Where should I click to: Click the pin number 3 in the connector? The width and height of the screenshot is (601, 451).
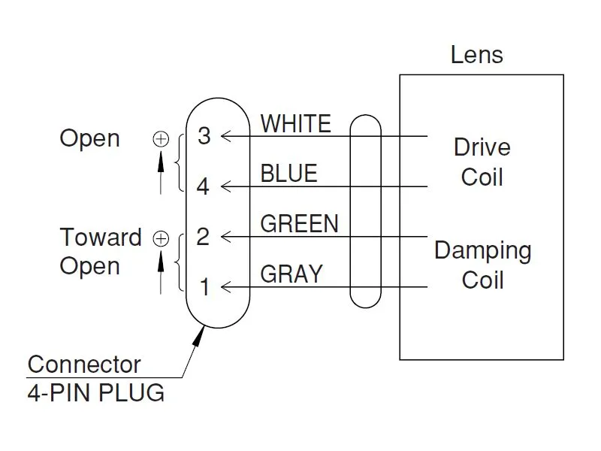point(204,136)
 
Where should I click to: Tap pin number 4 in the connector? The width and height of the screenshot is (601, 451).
point(204,186)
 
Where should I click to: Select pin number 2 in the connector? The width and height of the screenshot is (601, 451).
point(203,237)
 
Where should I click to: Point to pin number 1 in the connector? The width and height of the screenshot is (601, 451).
point(204,286)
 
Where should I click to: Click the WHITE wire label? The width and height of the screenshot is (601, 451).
point(296,123)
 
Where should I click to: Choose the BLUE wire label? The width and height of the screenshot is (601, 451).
point(289,174)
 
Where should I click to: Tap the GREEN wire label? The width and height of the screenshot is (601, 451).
point(300,223)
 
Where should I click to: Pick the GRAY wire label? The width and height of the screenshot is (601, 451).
point(291,274)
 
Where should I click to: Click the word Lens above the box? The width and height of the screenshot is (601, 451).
point(477,54)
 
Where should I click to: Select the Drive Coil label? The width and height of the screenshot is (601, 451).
point(482,162)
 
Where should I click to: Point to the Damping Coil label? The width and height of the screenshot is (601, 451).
point(482,265)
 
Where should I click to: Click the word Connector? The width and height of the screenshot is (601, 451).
point(84,365)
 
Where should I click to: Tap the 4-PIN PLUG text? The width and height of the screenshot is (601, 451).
point(96,392)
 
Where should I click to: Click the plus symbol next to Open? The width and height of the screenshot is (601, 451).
point(161,138)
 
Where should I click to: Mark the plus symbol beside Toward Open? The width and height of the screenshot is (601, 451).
point(161,238)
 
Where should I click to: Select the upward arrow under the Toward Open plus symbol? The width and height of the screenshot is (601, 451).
point(161,271)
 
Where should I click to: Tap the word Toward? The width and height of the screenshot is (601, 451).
point(101,238)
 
